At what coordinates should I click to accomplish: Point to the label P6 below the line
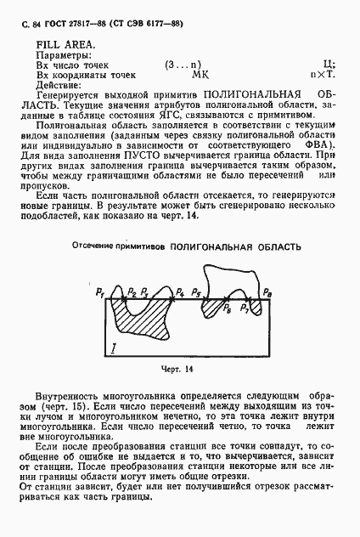[226, 310]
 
